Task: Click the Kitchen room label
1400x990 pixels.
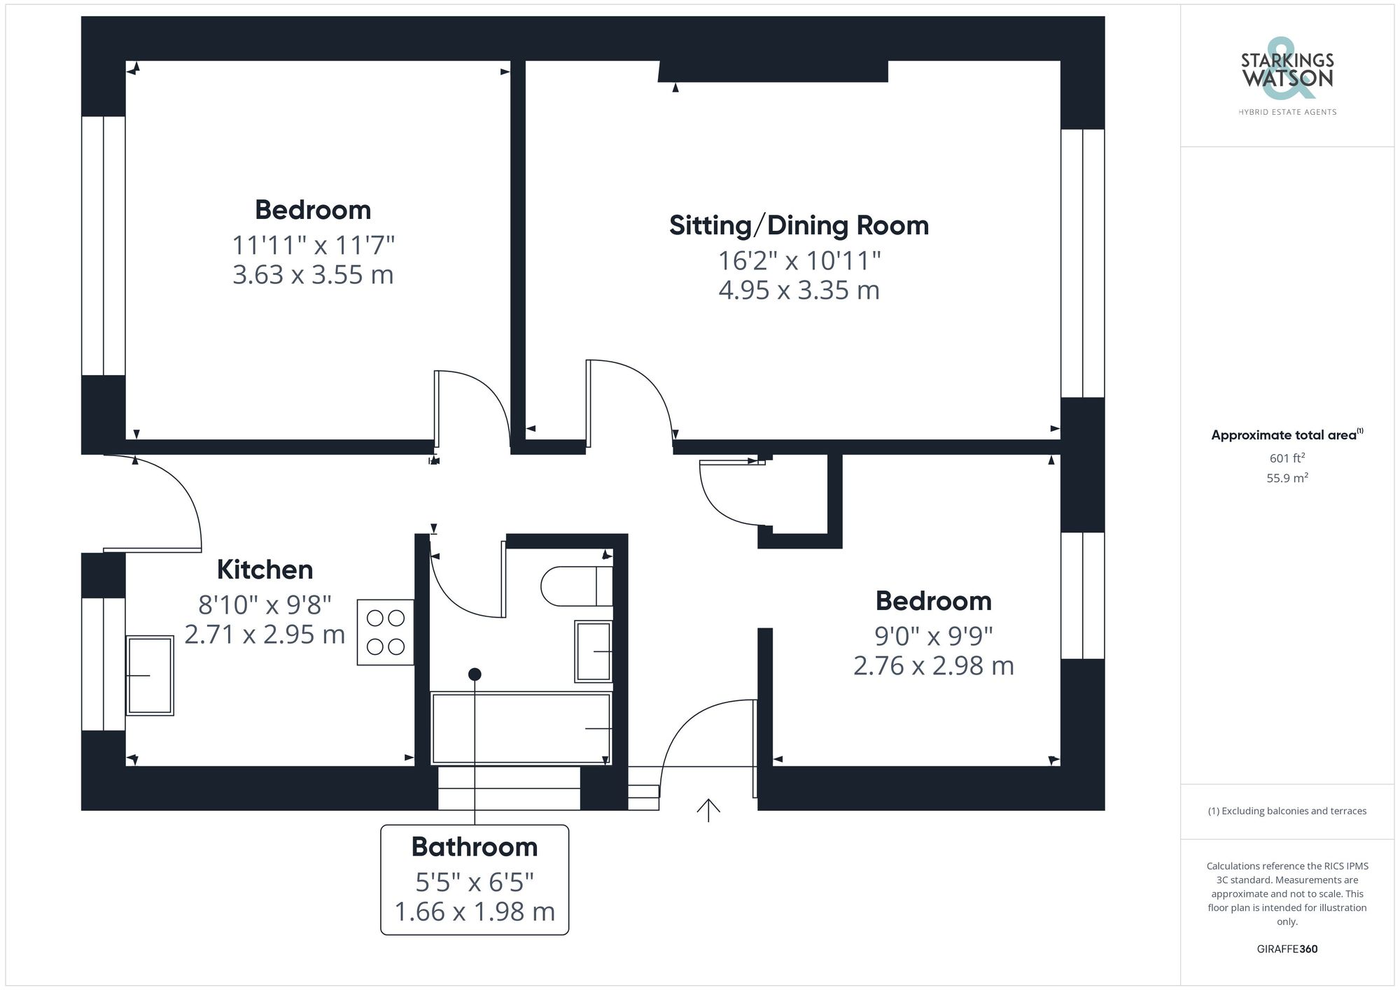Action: coord(265,570)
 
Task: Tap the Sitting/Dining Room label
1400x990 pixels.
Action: coord(799,225)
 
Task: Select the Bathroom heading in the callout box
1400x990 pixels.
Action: coord(475,847)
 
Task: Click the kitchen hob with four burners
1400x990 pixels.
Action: coord(385,632)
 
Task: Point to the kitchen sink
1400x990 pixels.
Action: coord(149,675)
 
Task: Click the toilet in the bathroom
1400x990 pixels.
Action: coord(576,586)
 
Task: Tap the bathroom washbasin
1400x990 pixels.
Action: coord(593,651)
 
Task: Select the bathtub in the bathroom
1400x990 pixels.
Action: coord(521,728)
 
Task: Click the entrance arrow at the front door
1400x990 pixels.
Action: coord(708,809)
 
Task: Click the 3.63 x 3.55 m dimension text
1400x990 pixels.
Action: coord(313,275)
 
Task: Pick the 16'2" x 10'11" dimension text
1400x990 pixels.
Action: coord(799,261)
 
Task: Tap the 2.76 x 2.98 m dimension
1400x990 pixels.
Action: coord(933,665)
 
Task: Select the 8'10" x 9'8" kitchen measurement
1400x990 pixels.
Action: coord(265,605)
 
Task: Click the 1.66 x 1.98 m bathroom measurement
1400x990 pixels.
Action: coord(475,912)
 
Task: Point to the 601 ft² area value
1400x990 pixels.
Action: coord(1287,458)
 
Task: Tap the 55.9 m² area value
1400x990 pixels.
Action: coord(1287,479)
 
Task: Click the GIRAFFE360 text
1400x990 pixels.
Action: coord(1287,949)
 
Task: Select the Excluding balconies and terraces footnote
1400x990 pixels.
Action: coord(1287,811)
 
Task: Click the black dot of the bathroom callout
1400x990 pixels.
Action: coord(475,674)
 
